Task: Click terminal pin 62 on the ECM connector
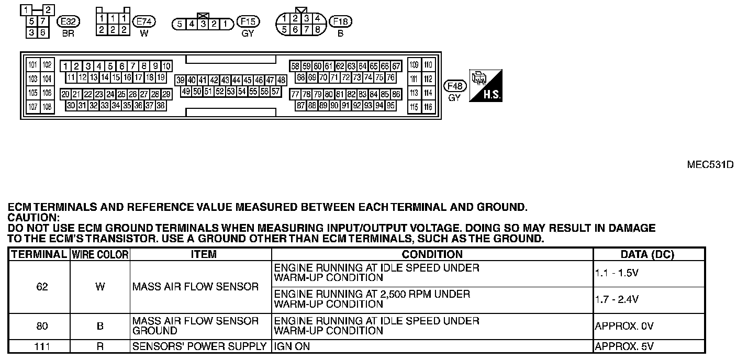point(340,66)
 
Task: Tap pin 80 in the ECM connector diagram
point(329,95)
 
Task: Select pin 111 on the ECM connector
point(414,79)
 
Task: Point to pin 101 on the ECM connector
point(33,65)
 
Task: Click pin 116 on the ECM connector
point(429,107)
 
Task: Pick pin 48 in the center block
point(281,80)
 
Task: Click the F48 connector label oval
point(454,86)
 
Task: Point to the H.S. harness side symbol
point(486,85)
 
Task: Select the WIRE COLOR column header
point(100,255)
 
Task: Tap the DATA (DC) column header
point(647,255)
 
